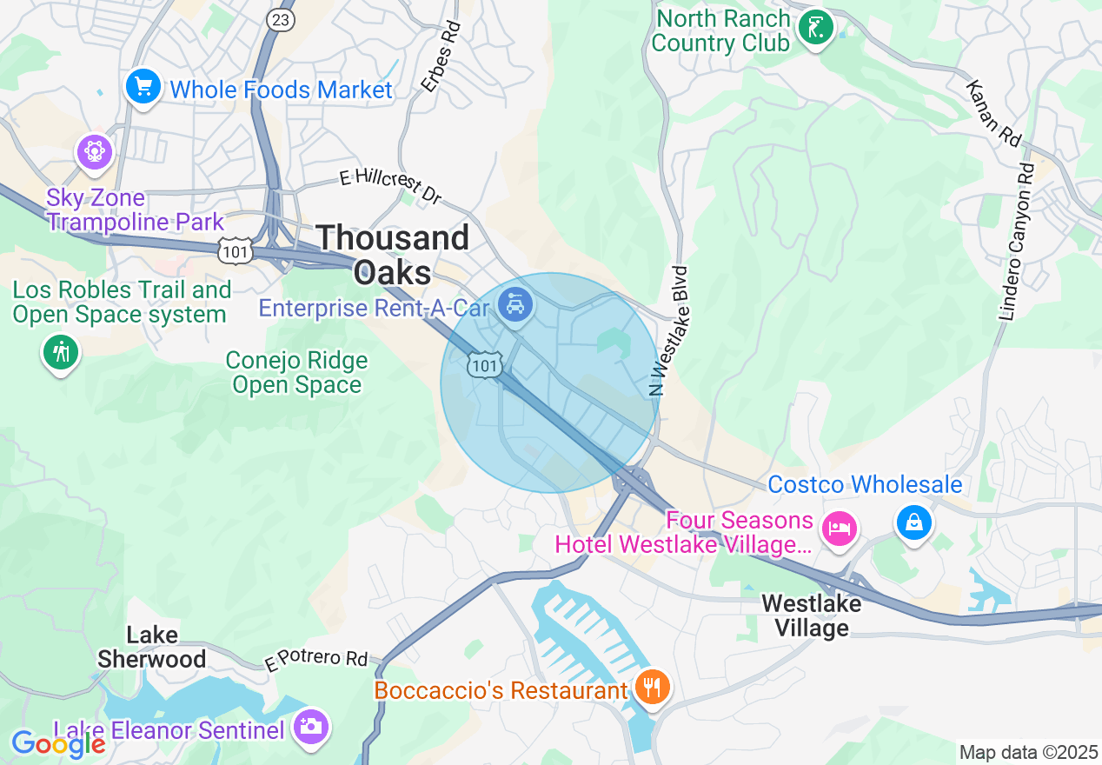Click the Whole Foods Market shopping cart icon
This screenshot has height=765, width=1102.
coord(143,88)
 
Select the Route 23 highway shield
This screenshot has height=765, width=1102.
coord(282,19)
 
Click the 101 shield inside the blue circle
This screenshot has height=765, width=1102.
coord(484,365)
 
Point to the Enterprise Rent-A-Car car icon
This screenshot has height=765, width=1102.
coord(516,304)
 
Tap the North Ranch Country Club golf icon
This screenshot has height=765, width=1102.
coord(816,29)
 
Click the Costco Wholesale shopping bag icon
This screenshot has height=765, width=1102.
coord(914,522)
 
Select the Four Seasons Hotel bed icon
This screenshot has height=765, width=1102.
coord(840,528)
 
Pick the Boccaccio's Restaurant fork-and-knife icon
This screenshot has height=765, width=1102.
coord(650,688)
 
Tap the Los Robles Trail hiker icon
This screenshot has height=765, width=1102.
coord(61,353)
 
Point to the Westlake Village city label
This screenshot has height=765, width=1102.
coord(812,615)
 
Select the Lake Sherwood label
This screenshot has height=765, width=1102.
coord(152,647)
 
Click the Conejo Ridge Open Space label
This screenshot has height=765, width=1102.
coord(297,372)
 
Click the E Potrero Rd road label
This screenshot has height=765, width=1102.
coord(316,659)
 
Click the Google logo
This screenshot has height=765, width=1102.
coord(58,743)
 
